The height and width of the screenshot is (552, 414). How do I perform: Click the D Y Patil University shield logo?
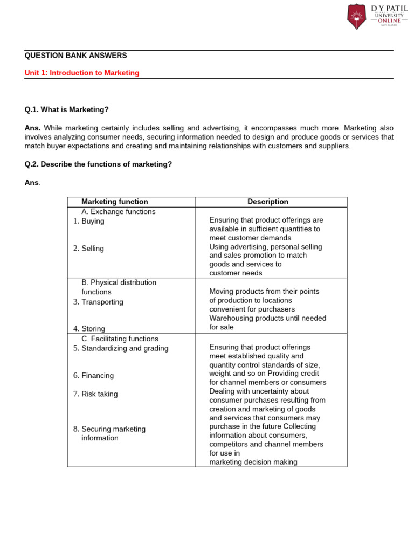[356, 16]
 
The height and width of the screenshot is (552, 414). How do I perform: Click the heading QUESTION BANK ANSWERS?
[76, 56]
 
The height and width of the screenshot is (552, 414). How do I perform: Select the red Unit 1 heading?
[82, 73]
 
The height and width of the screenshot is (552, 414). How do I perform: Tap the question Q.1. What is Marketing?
[67, 109]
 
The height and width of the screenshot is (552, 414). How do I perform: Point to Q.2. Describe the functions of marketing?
[98, 164]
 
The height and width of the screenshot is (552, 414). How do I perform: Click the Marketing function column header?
[114, 202]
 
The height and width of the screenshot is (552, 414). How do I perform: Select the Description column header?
[268, 202]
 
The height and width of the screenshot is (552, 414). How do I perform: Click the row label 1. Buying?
[89, 221]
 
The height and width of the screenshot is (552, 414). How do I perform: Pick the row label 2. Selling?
[89, 249]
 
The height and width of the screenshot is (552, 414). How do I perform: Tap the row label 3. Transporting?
[98, 302]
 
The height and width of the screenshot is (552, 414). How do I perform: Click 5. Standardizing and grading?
[121, 348]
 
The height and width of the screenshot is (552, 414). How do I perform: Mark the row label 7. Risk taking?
[95, 394]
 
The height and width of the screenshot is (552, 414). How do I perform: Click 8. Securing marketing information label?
[110, 433]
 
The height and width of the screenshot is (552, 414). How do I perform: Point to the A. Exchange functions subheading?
[119, 212]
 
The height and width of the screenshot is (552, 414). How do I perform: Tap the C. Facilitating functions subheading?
[120, 339]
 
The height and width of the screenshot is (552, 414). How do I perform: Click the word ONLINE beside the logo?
[389, 20]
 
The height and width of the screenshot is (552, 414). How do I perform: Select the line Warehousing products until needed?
[268, 318]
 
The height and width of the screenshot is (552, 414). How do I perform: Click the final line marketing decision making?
[253, 462]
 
